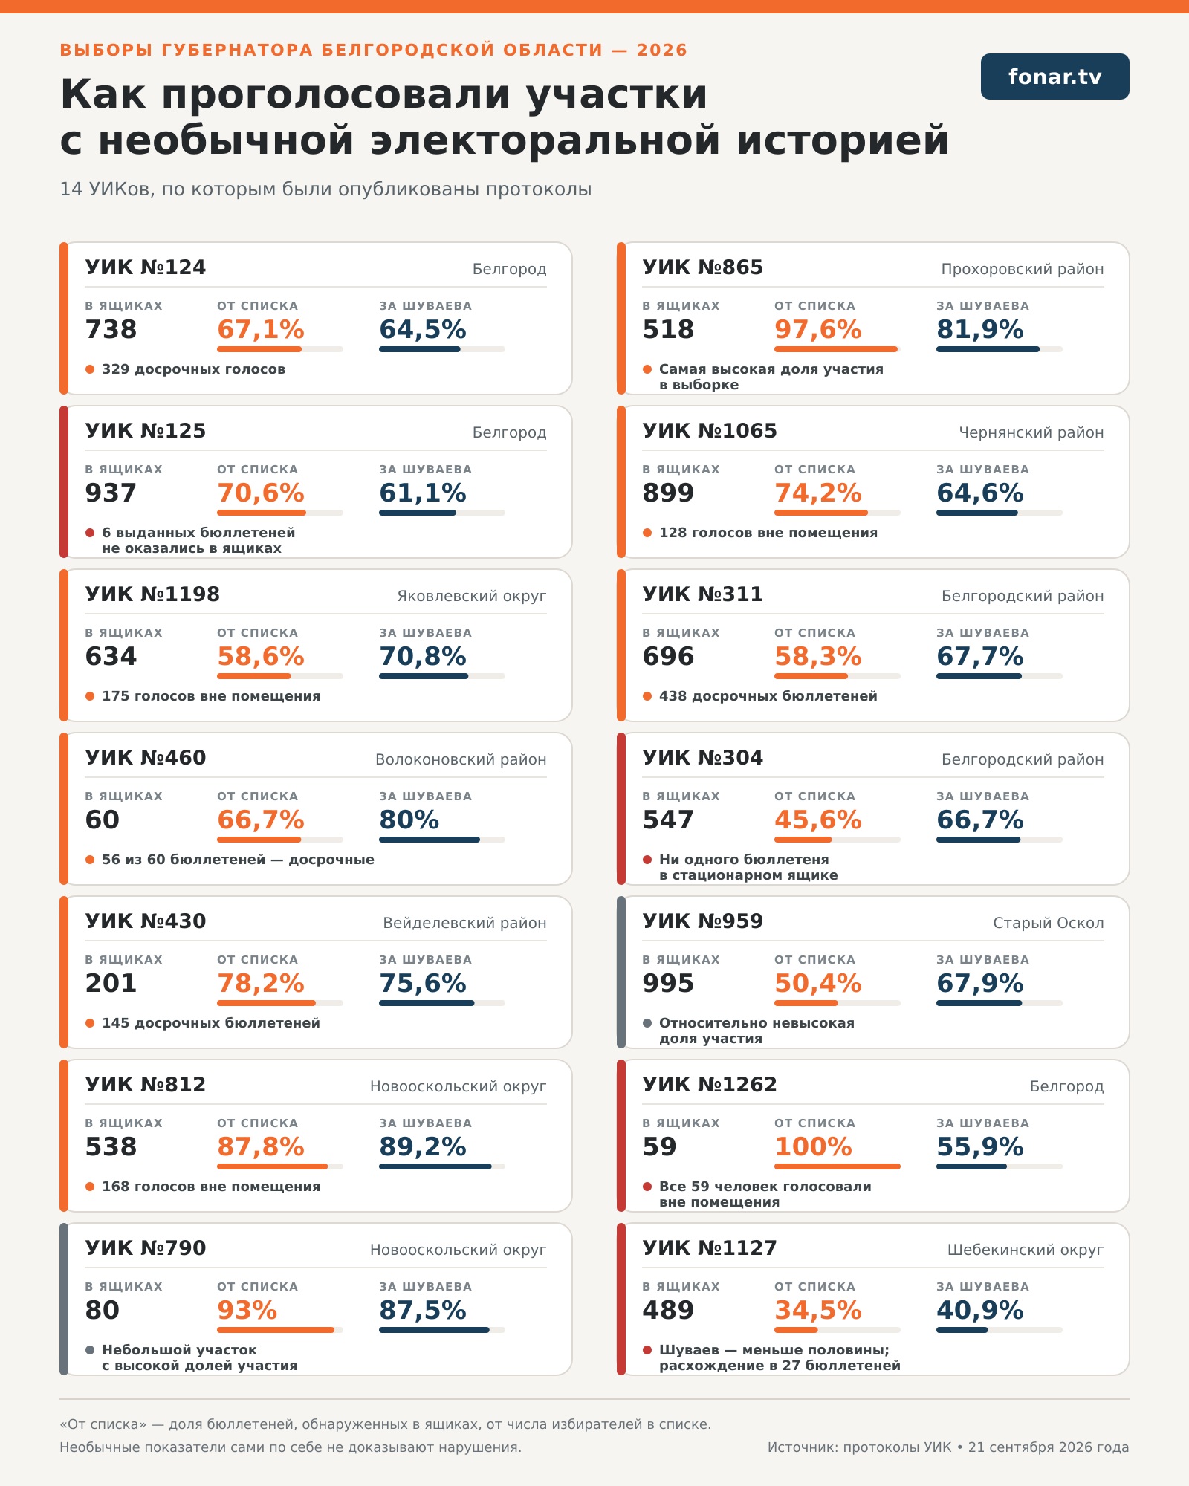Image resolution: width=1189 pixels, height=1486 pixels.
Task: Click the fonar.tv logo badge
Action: (1054, 77)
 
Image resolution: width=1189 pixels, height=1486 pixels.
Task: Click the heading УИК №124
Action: (146, 267)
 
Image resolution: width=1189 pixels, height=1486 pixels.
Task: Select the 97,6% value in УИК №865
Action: (818, 329)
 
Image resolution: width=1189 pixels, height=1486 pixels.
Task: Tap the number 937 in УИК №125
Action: (111, 493)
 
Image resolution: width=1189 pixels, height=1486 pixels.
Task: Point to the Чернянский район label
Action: (1031, 432)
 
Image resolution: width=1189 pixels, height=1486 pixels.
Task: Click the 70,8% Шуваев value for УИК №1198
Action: (423, 656)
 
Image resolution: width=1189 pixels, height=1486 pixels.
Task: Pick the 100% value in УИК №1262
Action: (813, 1146)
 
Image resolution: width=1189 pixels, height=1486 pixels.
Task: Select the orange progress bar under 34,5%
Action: (796, 1330)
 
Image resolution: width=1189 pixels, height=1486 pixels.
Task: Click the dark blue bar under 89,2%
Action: (435, 1167)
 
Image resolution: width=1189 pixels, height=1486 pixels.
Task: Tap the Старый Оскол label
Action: (1049, 923)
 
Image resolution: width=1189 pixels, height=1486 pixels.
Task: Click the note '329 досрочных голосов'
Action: (193, 369)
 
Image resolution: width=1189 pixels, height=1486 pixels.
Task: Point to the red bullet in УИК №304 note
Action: (647, 860)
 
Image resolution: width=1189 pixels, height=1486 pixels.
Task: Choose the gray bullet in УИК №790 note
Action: (90, 1350)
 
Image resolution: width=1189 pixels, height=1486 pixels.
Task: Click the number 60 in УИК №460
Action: (103, 820)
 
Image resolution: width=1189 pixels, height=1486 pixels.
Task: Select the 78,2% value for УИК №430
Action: (261, 983)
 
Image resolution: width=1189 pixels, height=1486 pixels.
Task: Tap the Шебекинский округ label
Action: (1026, 1250)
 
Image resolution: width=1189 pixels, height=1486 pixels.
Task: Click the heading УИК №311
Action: (703, 594)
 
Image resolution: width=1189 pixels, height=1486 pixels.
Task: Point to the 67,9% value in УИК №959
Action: (980, 983)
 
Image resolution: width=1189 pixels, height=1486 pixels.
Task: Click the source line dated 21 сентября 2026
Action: (948, 1447)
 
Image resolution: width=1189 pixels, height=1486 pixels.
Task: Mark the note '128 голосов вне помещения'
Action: (768, 533)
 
